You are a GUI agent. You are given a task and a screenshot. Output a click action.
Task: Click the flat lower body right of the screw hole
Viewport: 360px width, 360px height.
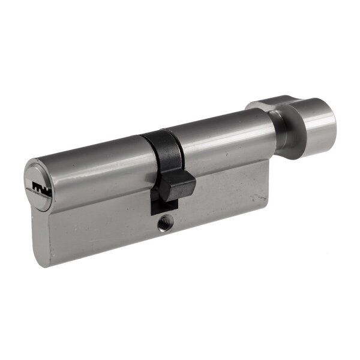coord(216,210)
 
